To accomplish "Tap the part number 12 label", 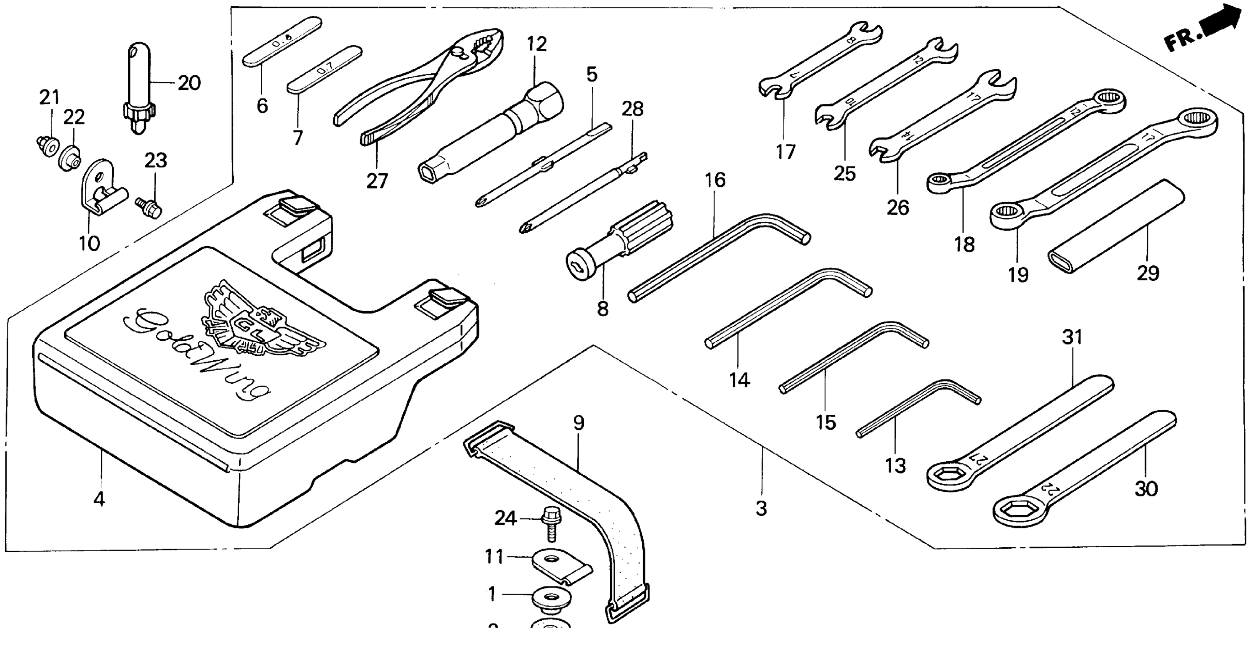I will click(x=536, y=44).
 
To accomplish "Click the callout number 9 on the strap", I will click(x=578, y=423).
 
